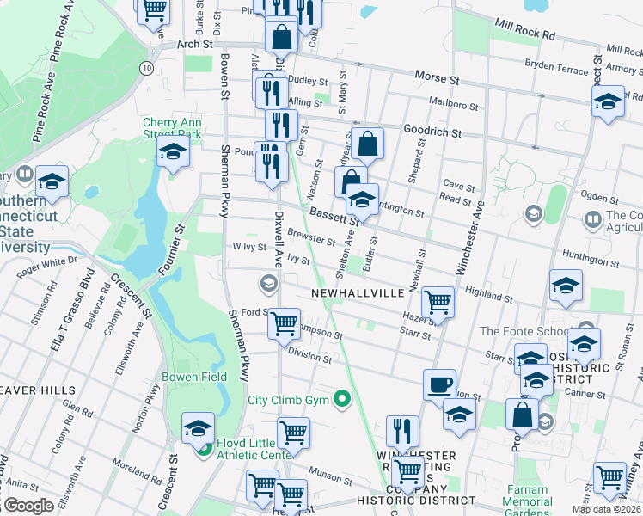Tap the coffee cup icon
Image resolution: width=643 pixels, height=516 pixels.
439,384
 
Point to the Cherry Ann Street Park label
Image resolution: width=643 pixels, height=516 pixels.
172,128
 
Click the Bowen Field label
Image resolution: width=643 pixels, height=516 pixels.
194,377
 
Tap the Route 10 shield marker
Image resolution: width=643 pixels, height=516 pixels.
149,66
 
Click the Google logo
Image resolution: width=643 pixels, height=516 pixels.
28,505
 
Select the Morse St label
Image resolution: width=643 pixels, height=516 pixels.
438,77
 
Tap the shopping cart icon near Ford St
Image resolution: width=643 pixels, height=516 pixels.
284,324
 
